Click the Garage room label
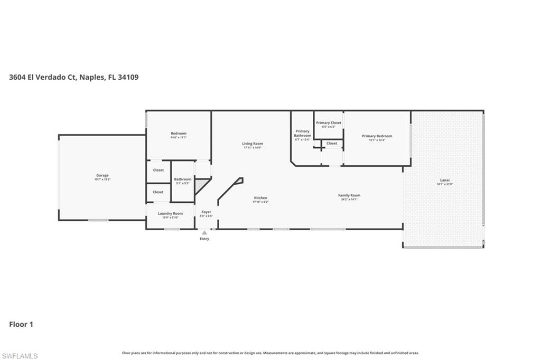(102, 176)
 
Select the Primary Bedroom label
(377, 136)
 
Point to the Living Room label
(253, 144)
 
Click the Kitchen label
(260, 198)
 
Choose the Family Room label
(349, 195)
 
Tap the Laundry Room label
(170, 214)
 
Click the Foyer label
(206, 212)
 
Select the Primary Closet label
(329, 123)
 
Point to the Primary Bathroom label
(302, 134)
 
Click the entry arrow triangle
(204, 232)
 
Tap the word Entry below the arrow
(204, 239)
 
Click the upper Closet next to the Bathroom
(158, 170)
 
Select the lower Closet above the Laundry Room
(158, 192)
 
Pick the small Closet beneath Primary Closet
(332, 144)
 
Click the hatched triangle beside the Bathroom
(201, 184)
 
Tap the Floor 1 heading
(21, 325)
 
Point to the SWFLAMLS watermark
(20, 356)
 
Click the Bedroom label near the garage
(179, 134)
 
